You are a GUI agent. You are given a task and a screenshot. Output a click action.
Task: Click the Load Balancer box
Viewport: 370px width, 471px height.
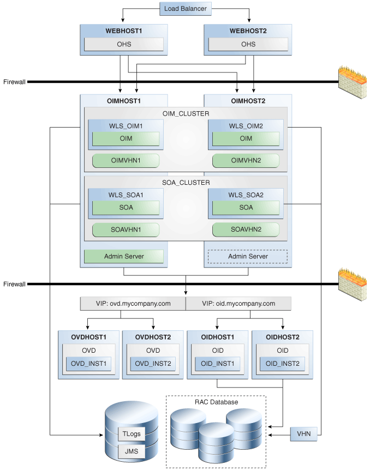pos(185,8)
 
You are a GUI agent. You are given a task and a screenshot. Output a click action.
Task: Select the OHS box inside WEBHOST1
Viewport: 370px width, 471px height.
pos(124,44)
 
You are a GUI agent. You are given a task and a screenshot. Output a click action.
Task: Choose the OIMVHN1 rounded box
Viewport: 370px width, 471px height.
pos(126,160)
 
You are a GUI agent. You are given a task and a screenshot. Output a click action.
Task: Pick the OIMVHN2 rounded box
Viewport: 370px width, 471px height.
pos(246,160)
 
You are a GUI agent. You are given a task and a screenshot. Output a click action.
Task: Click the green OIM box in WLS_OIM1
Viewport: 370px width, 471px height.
pos(126,138)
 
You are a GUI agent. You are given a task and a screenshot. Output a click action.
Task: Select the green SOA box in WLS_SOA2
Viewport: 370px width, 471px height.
pos(246,207)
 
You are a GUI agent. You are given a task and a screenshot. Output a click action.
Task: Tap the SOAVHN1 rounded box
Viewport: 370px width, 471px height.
pos(126,230)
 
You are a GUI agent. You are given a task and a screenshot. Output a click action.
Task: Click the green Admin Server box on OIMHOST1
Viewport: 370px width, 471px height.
pos(124,256)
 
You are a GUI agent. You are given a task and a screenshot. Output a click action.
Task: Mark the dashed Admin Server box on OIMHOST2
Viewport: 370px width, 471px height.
pos(247,256)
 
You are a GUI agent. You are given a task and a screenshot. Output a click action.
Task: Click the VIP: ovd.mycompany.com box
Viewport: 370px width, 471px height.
pos(133,303)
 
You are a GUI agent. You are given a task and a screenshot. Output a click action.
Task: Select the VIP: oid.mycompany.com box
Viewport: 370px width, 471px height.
pos(238,303)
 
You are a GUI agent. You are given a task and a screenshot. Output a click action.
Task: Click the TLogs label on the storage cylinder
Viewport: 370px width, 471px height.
pos(130,434)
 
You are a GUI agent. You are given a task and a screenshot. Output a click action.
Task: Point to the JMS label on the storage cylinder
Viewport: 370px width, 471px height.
pos(130,452)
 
